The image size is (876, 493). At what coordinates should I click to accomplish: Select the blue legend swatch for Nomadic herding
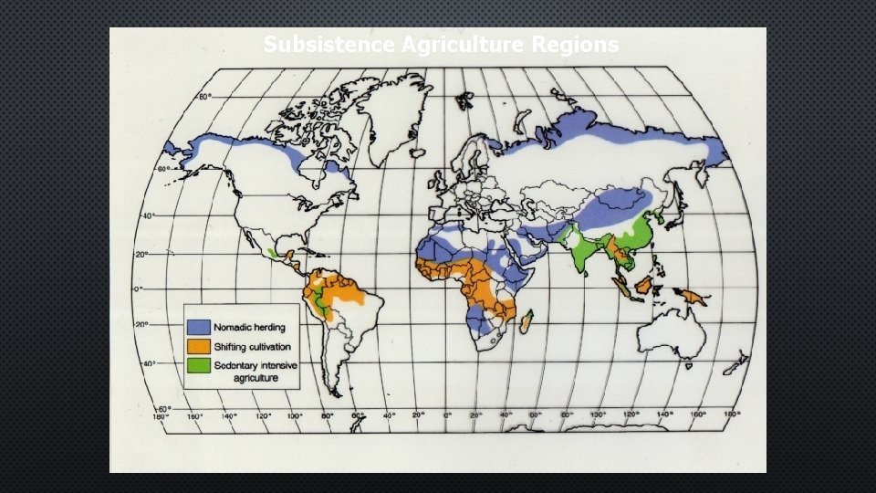[x=199, y=327]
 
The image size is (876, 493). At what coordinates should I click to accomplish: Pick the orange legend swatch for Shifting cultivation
[x=199, y=347]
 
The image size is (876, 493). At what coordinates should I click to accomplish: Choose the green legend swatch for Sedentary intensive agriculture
[x=199, y=365]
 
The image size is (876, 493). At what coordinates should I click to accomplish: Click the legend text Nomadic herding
[x=249, y=327]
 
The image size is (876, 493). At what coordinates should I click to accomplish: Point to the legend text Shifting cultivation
[x=253, y=347]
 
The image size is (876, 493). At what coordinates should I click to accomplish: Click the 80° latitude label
[x=206, y=97]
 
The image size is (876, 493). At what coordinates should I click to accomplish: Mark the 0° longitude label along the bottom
[x=447, y=416]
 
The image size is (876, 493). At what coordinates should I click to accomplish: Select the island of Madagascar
[x=527, y=322]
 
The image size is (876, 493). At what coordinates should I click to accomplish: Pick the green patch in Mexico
[x=273, y=251]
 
